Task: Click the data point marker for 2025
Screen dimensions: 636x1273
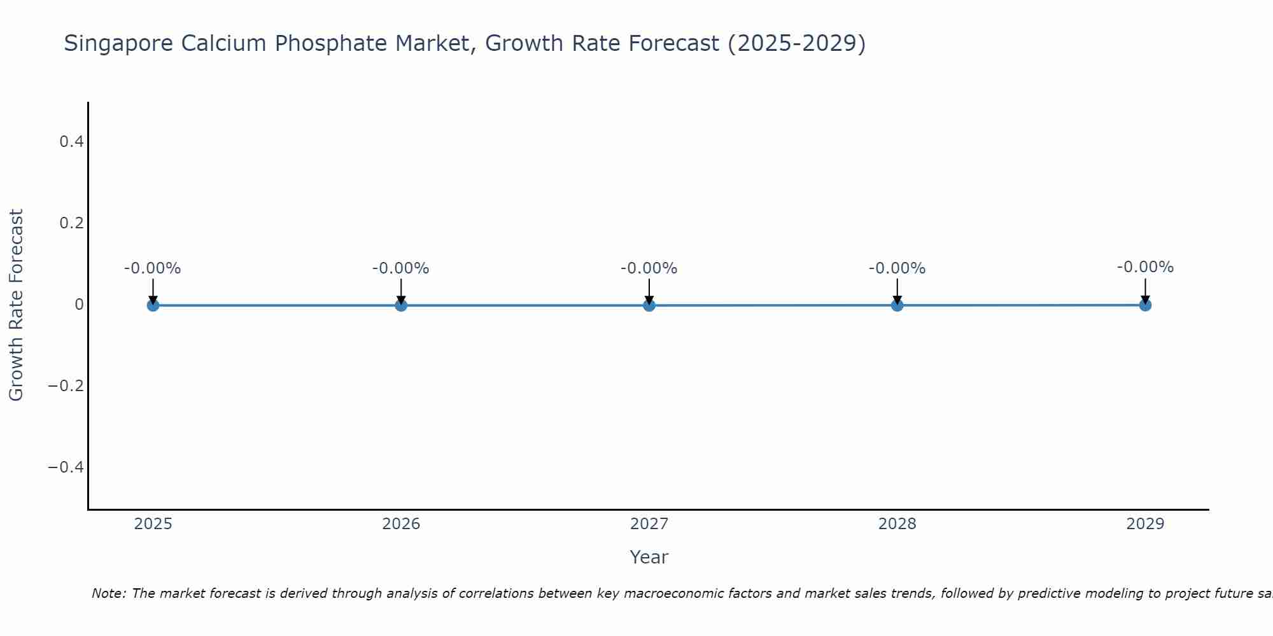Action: [x=153, y=305]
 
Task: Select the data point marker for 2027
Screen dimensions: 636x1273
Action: [x=649, y=305]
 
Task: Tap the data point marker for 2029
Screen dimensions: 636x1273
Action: [x=1145, y=305]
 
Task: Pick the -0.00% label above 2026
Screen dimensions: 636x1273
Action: [x=401, y=268]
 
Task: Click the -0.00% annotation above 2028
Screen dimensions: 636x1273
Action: [x=897, y=268]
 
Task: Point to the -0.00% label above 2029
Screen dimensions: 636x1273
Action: [x=1145, y=267]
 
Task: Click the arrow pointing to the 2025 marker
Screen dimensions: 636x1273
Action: [x=153, y=291]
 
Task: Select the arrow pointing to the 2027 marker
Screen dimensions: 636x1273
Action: [x=649, y=291]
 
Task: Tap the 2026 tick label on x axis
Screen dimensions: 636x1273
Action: [x=401, y=524]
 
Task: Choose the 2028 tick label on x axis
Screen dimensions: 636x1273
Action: [x=897, y=524]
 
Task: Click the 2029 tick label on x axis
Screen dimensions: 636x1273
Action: [x=1145, y=524]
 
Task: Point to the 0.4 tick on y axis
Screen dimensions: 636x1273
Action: [x=71, y=142]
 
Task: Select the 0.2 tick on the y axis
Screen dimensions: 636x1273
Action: [x=71, y=223]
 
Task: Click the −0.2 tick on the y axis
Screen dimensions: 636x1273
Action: [x=66, y=386]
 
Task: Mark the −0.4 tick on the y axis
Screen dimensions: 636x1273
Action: [x=66, y=467]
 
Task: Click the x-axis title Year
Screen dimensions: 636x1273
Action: [x=649, y=557]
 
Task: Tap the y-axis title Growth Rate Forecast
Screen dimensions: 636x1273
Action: [x=16, y=305]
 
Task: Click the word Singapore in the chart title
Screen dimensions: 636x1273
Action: [x=119, y=44]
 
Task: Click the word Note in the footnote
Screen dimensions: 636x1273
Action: [x=108, y=593]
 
